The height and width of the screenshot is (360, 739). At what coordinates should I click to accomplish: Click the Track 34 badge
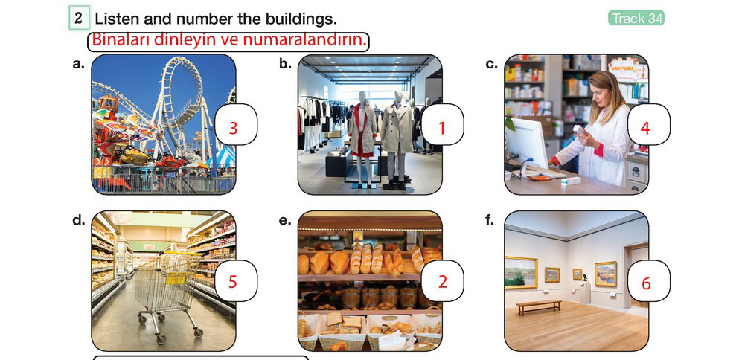(636, 18)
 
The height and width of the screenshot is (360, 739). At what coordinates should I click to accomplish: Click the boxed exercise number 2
(79, 19)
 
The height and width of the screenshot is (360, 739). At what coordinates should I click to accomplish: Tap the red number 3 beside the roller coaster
(233, 128)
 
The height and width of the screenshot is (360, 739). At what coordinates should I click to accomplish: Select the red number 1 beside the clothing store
(441, 128)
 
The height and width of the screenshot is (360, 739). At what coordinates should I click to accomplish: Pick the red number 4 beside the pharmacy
(645, 128)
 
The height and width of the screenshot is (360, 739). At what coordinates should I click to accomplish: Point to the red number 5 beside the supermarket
(233, 282)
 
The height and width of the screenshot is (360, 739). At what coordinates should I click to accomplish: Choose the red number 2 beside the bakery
(442, 282)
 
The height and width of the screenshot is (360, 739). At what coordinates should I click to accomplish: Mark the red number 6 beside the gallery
(646, 283)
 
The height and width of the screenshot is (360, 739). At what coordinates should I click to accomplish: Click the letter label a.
(78, 65)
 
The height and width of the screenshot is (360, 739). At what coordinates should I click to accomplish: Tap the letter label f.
(490, 219)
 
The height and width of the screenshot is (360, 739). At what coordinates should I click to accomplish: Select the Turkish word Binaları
(120, 40)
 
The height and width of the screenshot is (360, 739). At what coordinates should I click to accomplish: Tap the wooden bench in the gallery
(538, 306)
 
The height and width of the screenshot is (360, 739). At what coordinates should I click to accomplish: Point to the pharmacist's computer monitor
(526, 142)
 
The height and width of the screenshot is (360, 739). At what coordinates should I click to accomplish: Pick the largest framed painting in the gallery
(520, 272)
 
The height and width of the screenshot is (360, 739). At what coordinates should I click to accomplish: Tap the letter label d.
(79, 219)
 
